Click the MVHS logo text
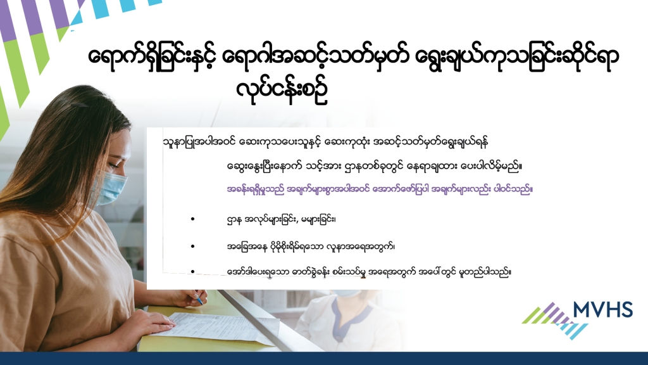603,309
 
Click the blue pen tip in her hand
200,301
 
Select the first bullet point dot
192,219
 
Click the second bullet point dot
192,247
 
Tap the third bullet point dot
192,271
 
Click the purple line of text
380,189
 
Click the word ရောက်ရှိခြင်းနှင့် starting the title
151,57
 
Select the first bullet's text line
282,219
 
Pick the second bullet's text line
311,247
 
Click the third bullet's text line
369,272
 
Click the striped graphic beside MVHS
555,320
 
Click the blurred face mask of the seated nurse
346,293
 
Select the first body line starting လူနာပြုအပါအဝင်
326,142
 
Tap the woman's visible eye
113,165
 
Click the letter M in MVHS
583,309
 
